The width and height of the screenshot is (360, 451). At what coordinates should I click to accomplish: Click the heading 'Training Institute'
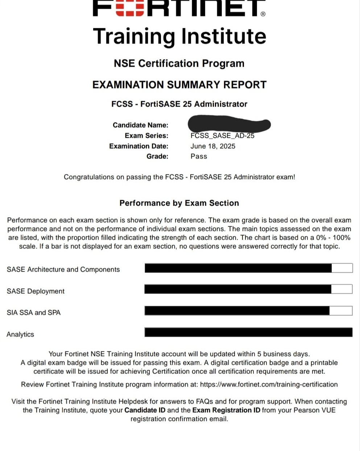click(x=179, y=36)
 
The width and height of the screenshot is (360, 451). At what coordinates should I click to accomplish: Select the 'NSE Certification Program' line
click(x=179, y=63)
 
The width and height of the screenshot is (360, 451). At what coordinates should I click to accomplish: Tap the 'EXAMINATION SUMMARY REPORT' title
click(x=179, y=85)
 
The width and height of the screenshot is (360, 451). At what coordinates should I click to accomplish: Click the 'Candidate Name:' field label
click(x=140, y=125)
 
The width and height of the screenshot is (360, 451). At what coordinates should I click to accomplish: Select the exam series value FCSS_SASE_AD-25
click(x=222, y=136)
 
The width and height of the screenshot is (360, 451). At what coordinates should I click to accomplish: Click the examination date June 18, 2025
click(x=213, y=146)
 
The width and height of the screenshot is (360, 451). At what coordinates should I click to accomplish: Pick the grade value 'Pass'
click(x=199, y=156)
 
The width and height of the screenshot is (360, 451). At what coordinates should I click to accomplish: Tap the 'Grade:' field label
click(x=157, y=156)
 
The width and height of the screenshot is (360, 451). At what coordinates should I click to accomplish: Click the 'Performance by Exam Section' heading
click(x=179, y=203)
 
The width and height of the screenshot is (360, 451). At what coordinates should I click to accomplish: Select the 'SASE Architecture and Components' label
click(x=63, y=269)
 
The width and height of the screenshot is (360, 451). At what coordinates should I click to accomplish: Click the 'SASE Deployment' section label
click(x=36, y=291)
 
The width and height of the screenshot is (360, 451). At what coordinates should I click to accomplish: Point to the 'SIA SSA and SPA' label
click(x=34, y=313)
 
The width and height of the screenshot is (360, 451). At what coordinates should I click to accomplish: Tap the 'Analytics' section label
click(x=20, y=334)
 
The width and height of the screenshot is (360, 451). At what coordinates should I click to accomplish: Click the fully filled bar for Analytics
click(x=248, y=332)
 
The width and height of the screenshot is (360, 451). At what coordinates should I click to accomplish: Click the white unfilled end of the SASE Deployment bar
click(x=342, y=289)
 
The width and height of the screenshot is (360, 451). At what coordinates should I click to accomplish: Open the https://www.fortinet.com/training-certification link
click(x=269, y=384)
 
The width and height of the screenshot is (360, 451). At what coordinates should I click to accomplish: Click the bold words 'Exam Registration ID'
click(x=226, y=410)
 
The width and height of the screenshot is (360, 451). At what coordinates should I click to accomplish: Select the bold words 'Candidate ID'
click(x=145, y=410)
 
